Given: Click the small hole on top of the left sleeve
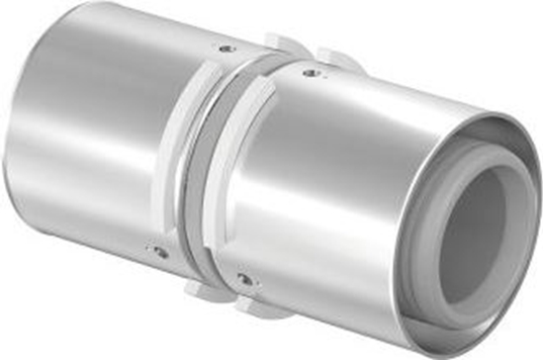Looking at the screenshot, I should tap(227, 48).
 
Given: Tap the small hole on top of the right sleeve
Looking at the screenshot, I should tap(315, 71).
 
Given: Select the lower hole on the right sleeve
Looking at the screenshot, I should tap(242, 281).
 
